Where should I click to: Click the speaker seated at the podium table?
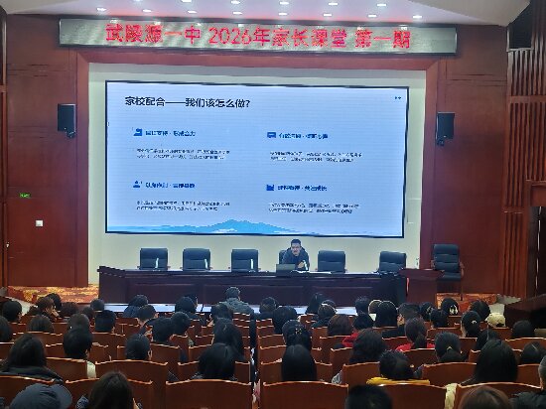(295, 253)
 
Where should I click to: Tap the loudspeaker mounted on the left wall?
(67, 119)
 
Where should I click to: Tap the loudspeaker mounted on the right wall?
(446, 126)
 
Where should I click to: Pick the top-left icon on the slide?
(138, 132)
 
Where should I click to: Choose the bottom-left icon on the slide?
(138, 185)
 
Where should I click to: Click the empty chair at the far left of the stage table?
(153, 258)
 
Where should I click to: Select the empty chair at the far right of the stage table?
(392, 261)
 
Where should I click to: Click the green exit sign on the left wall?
(24, 195)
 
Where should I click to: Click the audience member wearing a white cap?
(495, 320)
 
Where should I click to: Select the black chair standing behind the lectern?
(448, 260)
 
